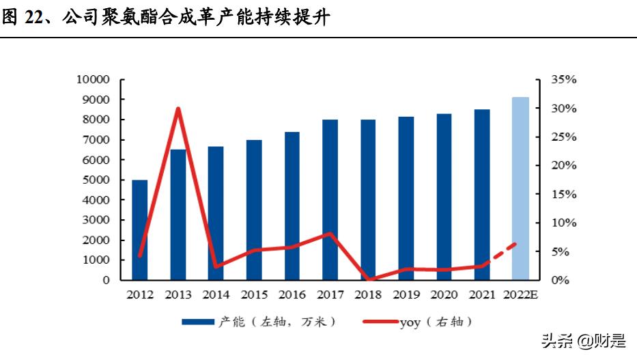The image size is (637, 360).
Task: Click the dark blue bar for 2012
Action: pyautogui.click(x=139, y=230)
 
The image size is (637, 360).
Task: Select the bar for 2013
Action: pyautogui.click(x=178, y=214)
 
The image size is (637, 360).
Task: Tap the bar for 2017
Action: pyautogui.click(x=330, y=199)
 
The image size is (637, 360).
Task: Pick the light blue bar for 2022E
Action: pyautogui.click(x=520, y=189)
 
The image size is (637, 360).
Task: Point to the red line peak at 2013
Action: pyautogui.click(x=178, y=109)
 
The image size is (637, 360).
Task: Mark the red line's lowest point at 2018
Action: pyautogui.click(x=369, y=279)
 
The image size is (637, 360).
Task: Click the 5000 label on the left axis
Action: pyautogui.click(x=94, y=180)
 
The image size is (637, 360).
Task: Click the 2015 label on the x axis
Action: pyautogui.click(x=254, y=294)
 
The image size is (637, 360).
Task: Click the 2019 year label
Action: pyautogui.click(x=406, y=294)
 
